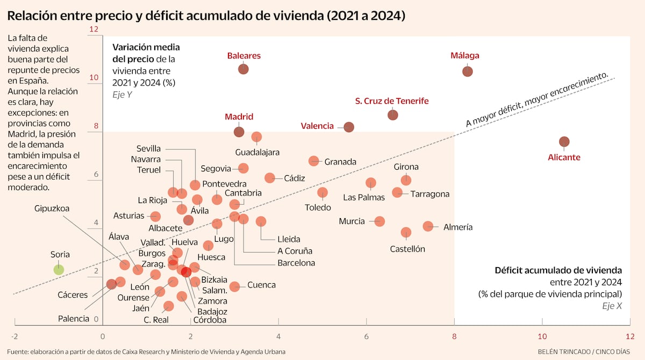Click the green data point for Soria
pyautogui.click(x=59, y=270)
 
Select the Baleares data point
pyautogui.click(x=243, y=69)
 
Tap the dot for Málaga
pyautogui.click(x=468, y=71)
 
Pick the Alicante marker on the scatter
pyautogui.click(x=564, y=142)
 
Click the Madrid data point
pyautogui.click(x=239, y=132)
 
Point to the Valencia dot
pyautogui.click(x=349, y=127)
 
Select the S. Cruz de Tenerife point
pyautogui.click(x=393, y=114)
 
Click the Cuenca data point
pyautogui.click(x=235, y=286)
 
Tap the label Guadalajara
pyautogui.click(x=257, y=153)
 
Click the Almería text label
pyautogui.click(x=458, y=227)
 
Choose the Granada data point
pyautogui.click(x=314, y=161)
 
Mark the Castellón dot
pyautogui.click(x=406, y=233)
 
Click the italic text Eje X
pyautogui.click(x=612, y=306)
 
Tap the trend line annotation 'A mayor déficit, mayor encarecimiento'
pyautogui.click(x=537, y=100)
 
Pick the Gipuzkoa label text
pyautogui.click(x=52, y=208)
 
